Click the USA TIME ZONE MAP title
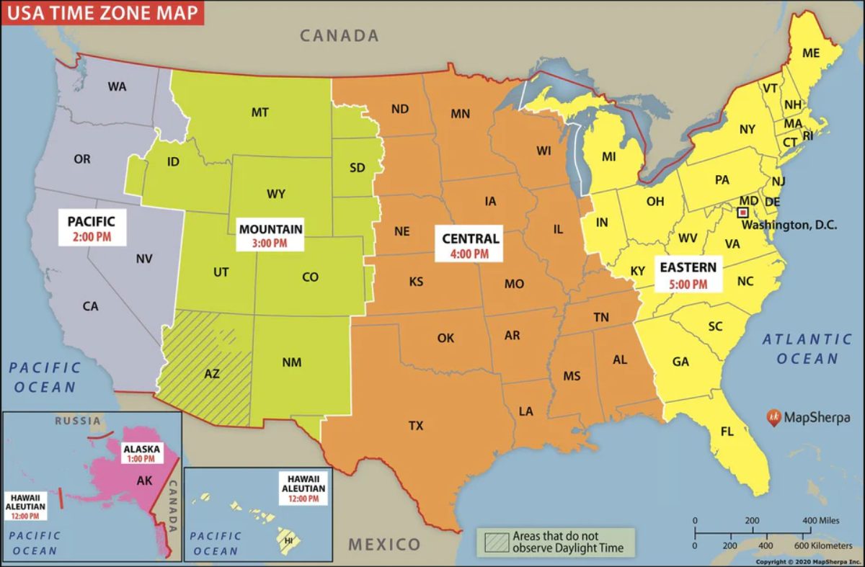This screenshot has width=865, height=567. pos(101,13)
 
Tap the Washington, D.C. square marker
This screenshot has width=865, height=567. pos(741,212)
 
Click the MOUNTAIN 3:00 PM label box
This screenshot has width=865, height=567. pos(270,236)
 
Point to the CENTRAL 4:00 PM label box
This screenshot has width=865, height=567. pos(470,245)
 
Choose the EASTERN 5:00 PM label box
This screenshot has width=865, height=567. pos(688,274)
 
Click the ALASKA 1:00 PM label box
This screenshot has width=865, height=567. pos(141,453)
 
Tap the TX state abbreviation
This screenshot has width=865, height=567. pos(416,426)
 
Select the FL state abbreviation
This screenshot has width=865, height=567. pos(727,432)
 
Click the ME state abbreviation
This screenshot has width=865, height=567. pos(811,53)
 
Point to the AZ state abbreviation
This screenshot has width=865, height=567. pos(212,373)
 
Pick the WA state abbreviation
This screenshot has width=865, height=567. pos(117,86)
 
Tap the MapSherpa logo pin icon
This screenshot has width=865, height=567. pos(773,416)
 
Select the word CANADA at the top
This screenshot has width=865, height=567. pos(339,35)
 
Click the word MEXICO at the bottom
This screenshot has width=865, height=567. pos(384,544)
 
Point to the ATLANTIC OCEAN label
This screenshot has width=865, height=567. pos(807,349)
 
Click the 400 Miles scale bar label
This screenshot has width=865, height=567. pos(820,520)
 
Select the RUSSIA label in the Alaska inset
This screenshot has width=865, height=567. pos(78,421)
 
